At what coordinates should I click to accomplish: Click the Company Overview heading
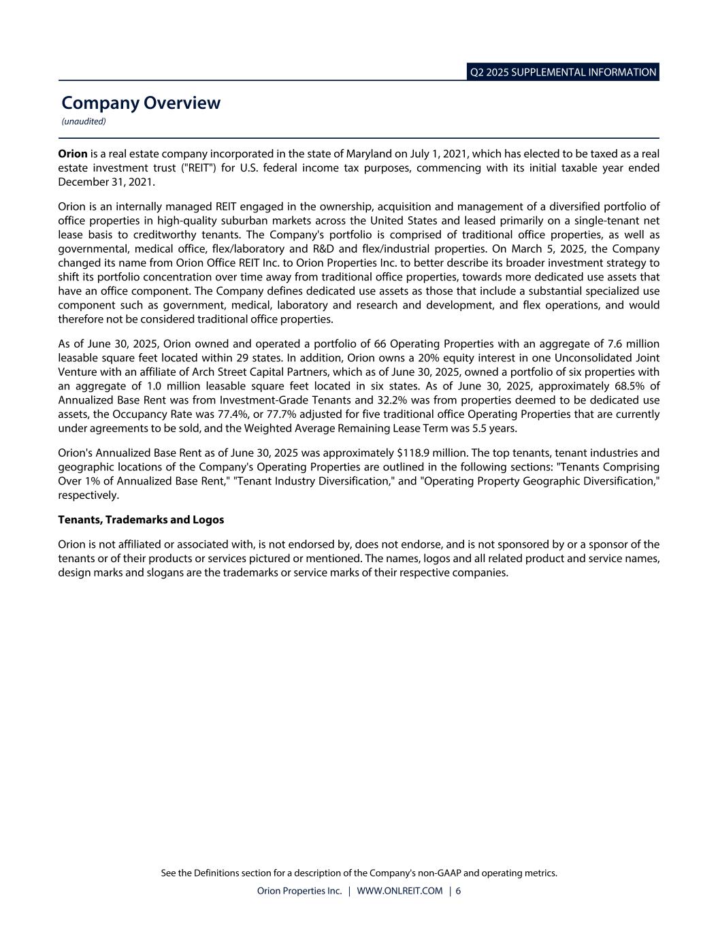(x=141, y=103)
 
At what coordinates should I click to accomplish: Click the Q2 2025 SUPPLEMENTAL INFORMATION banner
(x=563, y=72)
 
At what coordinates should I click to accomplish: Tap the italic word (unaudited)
(x=84, y=122)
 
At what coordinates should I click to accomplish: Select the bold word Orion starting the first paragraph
(x=73, y=154)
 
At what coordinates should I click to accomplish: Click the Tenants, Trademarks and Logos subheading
(x=141, y=519)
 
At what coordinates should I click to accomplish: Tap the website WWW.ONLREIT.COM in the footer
(x=399, y=891)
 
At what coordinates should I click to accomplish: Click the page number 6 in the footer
(x=458, y=891)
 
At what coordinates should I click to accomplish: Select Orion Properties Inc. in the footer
(x=299, y=891)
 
